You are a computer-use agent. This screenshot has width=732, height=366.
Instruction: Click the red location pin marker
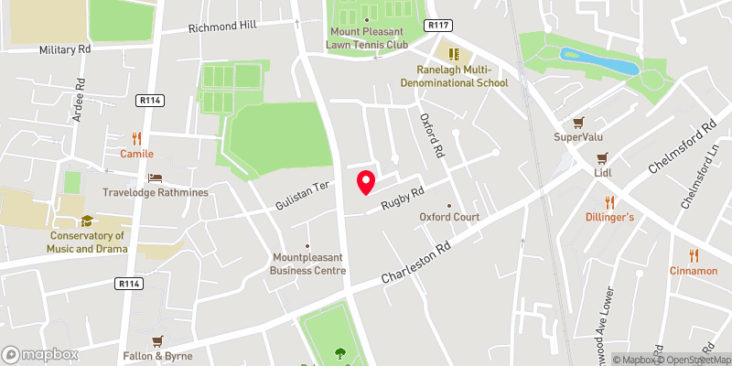(365, 181)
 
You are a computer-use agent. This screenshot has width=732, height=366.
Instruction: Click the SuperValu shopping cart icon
(577, 122)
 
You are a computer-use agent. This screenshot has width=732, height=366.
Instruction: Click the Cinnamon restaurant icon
(693, 255)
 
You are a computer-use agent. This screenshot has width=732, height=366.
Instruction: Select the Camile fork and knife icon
(136, 138)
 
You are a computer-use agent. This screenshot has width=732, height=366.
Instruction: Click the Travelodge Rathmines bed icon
(155, 178)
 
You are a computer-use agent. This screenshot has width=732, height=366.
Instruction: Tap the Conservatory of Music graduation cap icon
(87, 221)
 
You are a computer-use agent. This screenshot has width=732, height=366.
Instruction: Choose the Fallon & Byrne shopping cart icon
(158, 340)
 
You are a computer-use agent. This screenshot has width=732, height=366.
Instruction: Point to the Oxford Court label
(449, 217)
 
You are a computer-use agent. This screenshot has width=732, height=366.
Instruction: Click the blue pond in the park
(598, 63)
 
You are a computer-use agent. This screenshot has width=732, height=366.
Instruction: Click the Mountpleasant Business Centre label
(309, 264)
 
